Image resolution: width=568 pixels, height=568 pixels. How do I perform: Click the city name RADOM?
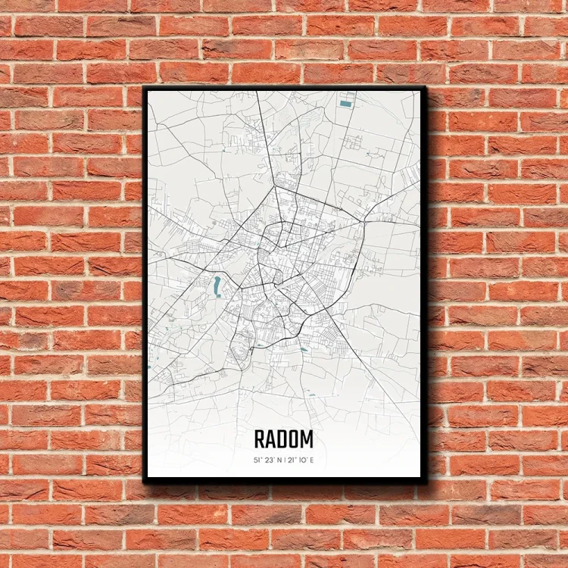(283, 439)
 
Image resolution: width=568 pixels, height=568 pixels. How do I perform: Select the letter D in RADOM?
(283, 439)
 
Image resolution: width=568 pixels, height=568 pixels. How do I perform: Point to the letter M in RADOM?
(307, 439)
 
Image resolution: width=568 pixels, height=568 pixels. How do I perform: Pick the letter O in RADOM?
(295, 439)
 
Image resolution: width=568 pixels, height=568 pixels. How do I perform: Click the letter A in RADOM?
(271, 439)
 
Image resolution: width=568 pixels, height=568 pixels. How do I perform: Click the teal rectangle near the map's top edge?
(346, 103)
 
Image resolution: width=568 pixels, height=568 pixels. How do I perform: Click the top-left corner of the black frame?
(145, 87)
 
